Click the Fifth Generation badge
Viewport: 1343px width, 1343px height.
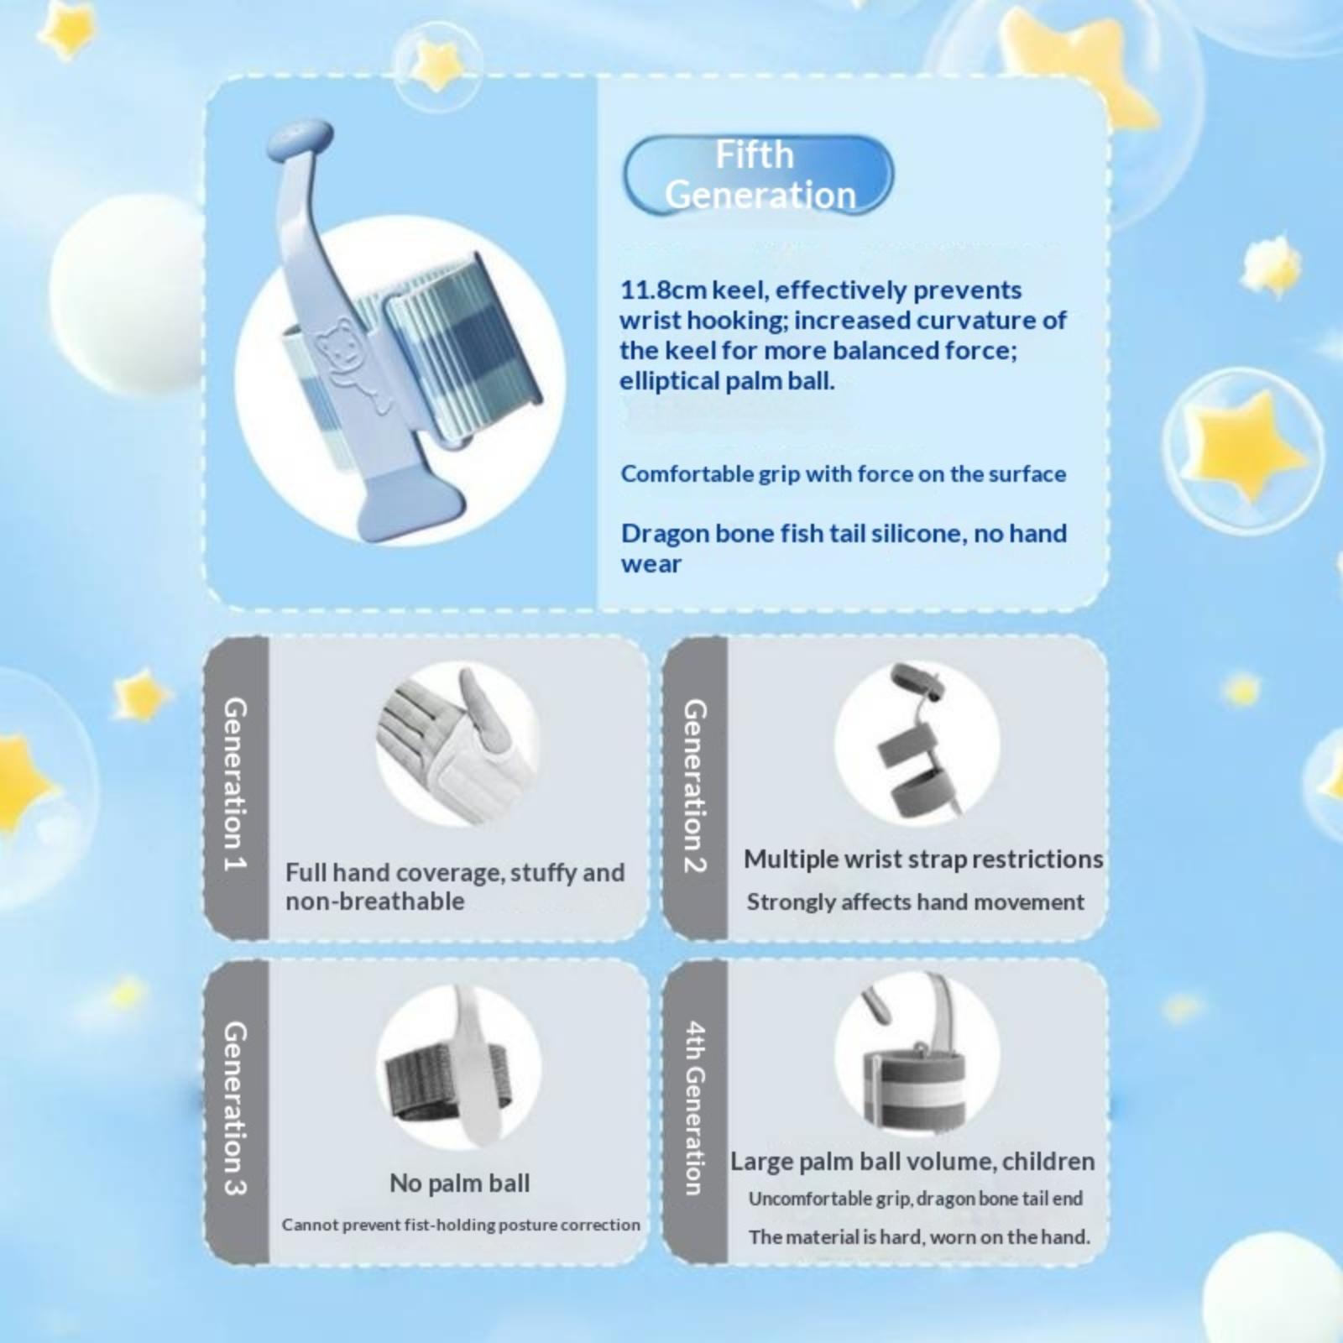pyautogui.click(x=758, y=175)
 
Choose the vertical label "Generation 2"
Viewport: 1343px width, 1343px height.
pyautogui.click(x=694, y=786)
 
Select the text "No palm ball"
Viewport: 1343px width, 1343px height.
pyautogui.click(x=459, y=1183)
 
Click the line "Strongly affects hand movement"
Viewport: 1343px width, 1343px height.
pyautogui.click(x=915, y=902)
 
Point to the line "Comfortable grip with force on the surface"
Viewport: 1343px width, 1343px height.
pyautogui.click(x=844, y=474)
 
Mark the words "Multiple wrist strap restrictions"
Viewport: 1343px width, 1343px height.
pyautogui.click(x=923, y=860)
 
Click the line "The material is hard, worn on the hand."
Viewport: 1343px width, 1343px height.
pyautogui.click(x=919, y=1236)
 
